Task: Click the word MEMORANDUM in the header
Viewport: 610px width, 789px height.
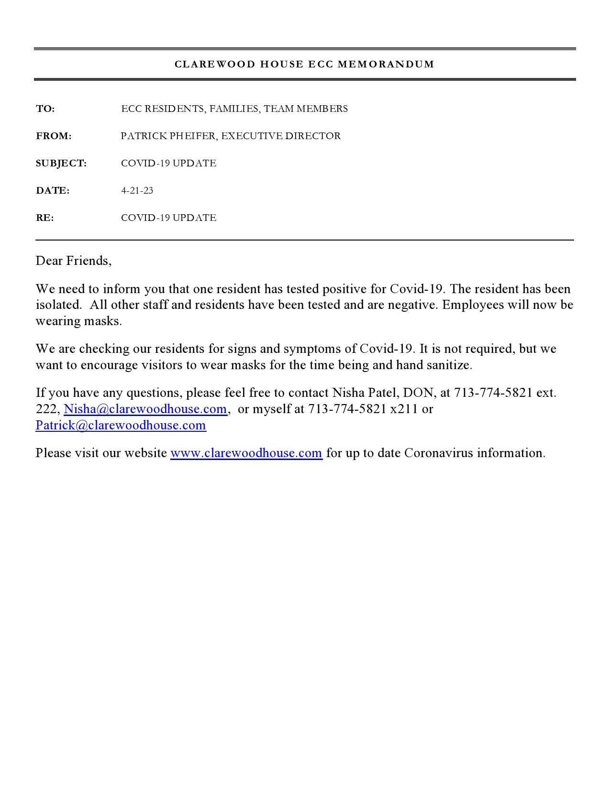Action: click(386, 64)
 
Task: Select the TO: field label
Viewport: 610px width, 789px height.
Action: click(45, 109)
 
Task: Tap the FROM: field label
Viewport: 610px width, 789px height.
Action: click(54, 136)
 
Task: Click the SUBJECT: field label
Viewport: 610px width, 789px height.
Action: click(61, 164)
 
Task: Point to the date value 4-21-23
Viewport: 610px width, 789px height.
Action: click(137, 191)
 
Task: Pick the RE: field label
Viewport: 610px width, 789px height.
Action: click(45, 218)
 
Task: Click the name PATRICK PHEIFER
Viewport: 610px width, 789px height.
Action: click(168, 136)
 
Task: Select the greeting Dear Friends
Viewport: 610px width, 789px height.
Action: click(73, 261)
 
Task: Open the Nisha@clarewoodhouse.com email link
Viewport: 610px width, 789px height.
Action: click(145, 409)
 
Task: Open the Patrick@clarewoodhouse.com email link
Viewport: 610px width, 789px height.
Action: click(121, 426)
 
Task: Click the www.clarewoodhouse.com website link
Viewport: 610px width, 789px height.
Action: click(246, 453)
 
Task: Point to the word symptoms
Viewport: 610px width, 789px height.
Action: click(312, 349)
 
